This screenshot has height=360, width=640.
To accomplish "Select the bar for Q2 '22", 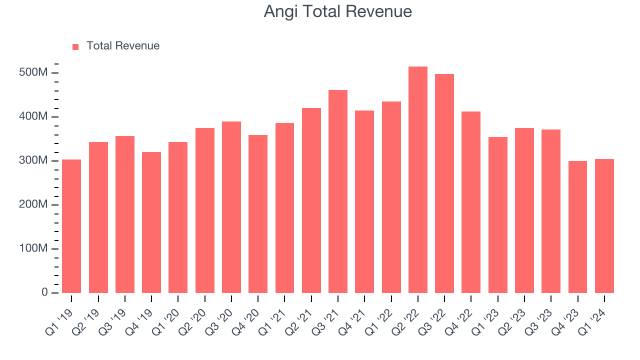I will click(x=417, y=180).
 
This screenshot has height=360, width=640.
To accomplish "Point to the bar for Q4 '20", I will click(x=258, y=214).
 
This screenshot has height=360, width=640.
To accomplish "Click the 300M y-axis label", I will click(x=35, y=161).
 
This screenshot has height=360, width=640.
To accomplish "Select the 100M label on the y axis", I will click(x=35, y=249).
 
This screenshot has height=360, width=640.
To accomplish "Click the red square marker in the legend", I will click(x=75, y=46).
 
